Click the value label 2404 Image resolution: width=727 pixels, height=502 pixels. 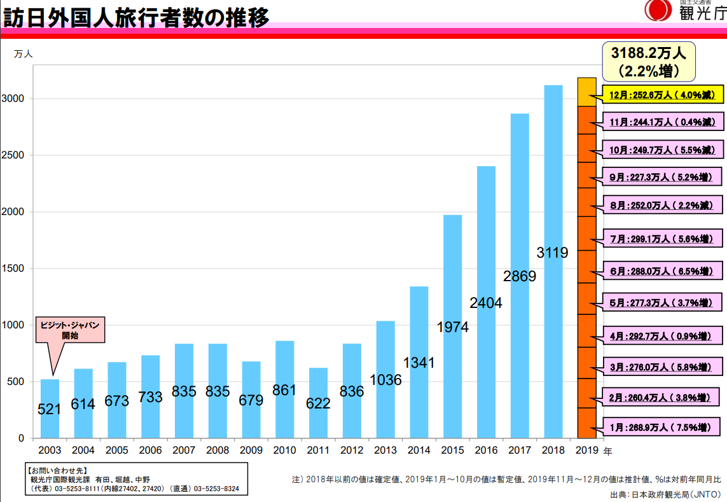tap(486, 303)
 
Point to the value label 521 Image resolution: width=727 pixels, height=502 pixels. tap(50, 409)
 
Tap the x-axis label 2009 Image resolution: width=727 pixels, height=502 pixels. tap(251, 450)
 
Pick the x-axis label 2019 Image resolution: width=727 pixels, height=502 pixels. tap(586, 450)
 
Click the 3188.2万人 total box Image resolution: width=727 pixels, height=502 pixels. tap(649, 61)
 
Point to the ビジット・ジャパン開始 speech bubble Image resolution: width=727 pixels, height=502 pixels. tap(70, 330)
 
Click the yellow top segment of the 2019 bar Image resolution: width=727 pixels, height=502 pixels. tap(586, 92)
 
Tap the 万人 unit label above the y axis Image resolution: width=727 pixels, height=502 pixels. tap(23, 54)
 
